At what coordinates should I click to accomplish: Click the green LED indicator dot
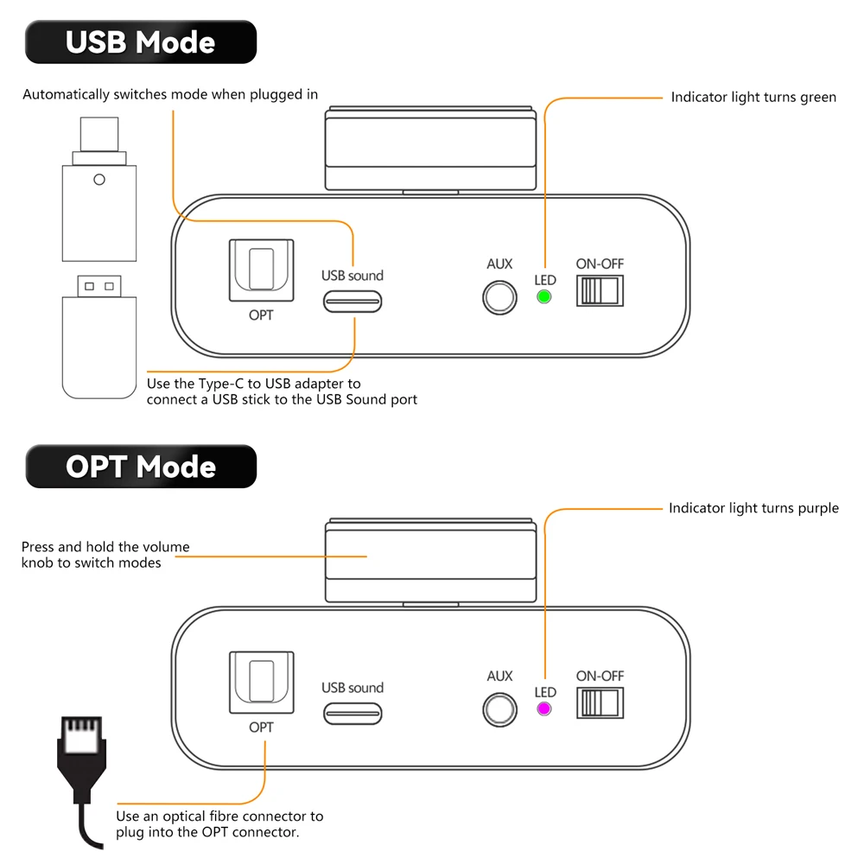(543, 297)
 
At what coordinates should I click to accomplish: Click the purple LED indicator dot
(543, 708)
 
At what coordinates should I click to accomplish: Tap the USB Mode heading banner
(141, 41)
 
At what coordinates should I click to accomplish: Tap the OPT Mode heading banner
(141, 467)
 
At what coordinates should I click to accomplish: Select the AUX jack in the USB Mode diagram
(499, 297)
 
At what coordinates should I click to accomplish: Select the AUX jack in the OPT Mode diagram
(499, 709)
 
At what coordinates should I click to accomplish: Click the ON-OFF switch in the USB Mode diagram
(600, 290)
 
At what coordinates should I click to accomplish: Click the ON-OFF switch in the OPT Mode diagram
(600, 702)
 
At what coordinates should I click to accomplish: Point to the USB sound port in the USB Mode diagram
(353, 302)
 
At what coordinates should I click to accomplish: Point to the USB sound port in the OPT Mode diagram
(353, 714)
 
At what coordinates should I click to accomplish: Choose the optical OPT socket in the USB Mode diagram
(261, 270)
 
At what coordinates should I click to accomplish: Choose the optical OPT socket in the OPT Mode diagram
(261, 683)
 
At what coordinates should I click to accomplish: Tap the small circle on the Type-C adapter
(99, 180)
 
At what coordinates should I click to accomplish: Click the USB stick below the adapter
(99, 337)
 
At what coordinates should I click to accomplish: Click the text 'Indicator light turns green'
(753, 98)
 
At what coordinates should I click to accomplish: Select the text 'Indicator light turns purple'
(753, 508)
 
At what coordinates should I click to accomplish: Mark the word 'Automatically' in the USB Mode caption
(67, 95)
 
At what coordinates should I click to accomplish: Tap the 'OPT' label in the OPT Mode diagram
(261, 727)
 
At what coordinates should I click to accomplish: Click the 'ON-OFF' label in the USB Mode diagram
(600, 264)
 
